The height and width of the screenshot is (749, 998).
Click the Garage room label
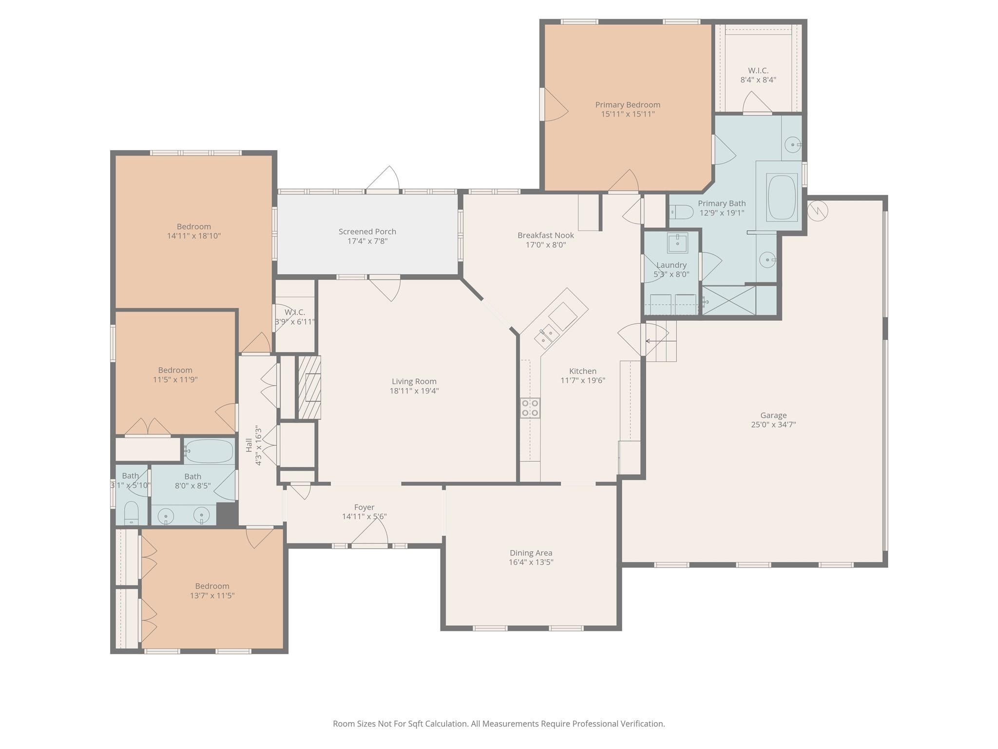[773, 415]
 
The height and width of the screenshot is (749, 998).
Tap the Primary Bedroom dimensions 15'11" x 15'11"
[628, 114]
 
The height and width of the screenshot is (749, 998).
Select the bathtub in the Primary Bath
[782, 197]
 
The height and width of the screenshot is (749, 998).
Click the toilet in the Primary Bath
[681, 212]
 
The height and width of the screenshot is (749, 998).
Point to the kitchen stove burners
[530, 408]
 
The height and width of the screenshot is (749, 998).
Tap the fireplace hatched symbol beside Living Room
[309, 387]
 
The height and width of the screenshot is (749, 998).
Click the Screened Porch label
[367, 232]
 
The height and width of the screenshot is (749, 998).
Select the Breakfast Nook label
[546, 236]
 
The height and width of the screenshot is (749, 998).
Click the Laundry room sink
[677, 243]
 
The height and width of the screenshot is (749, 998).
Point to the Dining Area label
[531, 553]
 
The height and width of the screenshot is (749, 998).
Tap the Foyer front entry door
[369, 537]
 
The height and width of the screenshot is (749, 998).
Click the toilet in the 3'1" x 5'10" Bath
[132, 513]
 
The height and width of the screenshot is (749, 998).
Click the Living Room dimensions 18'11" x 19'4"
[414, 391]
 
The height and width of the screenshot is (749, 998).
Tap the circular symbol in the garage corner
[818, 210]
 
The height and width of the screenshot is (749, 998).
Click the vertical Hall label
[249, 445]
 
